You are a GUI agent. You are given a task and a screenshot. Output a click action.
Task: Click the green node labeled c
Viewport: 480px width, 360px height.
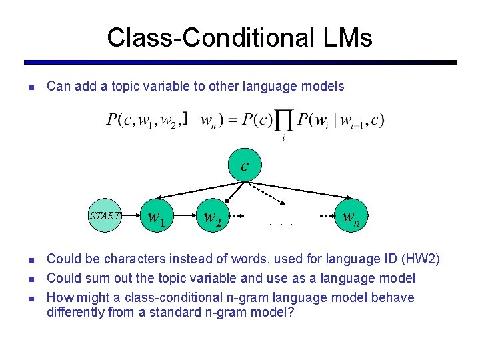point(245,165)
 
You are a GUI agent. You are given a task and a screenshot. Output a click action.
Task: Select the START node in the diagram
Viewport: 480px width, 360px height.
point(105,216)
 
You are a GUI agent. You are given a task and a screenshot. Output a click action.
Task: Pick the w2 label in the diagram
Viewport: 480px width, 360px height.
point(213,217)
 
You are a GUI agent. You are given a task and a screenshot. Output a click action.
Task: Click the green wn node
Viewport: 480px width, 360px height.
point(351,216)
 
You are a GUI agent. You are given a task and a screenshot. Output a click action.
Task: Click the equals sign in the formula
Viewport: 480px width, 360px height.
point(233,121)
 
